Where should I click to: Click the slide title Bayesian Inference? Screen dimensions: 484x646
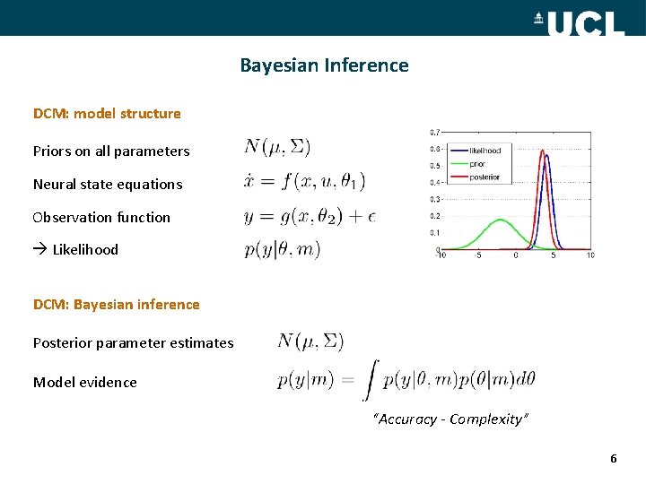(324, 65)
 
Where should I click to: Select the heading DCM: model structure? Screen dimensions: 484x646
(107, 114)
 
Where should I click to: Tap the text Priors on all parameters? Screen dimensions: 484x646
(111, 151)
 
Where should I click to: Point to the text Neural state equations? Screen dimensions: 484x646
(108, 185)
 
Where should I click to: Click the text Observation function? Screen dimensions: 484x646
(101, 218)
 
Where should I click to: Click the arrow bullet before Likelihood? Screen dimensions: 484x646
(39, 250)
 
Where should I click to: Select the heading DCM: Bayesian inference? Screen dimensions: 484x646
(117, 305)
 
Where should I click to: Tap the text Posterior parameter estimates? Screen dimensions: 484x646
(133, 343)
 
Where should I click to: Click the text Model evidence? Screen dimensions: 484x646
(85, 383)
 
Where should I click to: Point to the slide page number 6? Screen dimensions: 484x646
(614, 459)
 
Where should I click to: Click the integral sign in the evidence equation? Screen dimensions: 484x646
(370, 379)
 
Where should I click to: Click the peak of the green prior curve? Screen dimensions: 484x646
(501, 220)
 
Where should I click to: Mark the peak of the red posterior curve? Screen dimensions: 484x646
(542, 151)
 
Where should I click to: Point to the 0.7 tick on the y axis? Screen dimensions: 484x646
(434, 133)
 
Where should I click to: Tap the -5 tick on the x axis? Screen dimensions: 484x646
(477, 255)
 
